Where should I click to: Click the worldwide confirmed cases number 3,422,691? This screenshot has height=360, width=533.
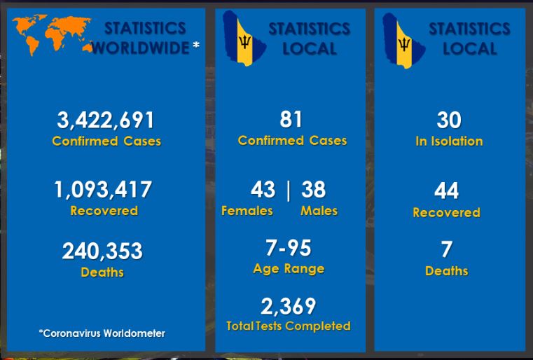(106, 120)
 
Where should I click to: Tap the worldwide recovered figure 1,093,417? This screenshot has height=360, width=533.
(103, 189)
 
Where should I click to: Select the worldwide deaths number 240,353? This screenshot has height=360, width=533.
(102, 251)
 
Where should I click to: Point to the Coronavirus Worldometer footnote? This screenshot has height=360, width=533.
(102, 333)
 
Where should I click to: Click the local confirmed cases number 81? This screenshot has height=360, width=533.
(291, 119)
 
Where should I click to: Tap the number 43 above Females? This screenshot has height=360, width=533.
(263, 189)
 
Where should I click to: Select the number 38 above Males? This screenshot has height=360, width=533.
(314, 189)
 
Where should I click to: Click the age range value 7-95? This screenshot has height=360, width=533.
(289, 248)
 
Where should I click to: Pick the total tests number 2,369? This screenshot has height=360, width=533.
(289, 306)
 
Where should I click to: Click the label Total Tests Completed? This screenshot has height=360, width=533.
(289, 326)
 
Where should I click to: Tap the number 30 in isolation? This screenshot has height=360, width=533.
(449, 120)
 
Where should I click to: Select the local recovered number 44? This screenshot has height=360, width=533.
(447, 191)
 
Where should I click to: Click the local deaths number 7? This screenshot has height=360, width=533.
(447, 249)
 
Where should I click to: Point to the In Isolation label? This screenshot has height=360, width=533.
(449, 141)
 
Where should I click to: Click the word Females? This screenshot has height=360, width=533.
(247, 211)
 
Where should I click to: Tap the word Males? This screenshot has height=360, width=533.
(319, 211)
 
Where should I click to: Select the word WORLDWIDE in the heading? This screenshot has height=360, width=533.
(141, 48)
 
